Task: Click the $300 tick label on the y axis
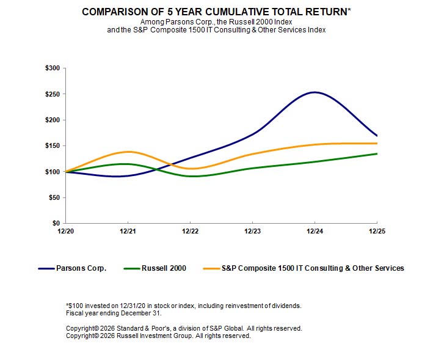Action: coord(52,68)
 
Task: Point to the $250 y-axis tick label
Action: coord(52,94)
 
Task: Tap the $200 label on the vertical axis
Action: coord(52,120)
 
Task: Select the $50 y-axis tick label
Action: coord(54,197)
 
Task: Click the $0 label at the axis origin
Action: coord(56,223)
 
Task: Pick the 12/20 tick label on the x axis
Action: coord(65,231)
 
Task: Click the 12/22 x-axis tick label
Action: coord(190,231)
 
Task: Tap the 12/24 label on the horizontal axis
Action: coord(315,231)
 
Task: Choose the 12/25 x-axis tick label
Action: coord(377,231)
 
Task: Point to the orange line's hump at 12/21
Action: coord(128,152)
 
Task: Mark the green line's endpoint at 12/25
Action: coord(377,153)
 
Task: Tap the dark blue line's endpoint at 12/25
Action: coord(377,136)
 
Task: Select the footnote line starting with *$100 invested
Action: coord(183,305)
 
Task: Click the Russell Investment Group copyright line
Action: coord(158,336)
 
